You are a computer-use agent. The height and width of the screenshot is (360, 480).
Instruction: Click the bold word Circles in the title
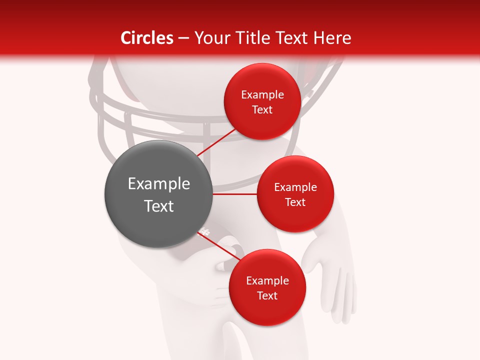(x=147, y=38)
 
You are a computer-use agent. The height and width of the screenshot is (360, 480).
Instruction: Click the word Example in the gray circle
(x=159, y=184)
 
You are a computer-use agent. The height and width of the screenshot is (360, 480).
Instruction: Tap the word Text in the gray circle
(x=159, y=206)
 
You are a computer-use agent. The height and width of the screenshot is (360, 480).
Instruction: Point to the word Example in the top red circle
(x=262, y=95)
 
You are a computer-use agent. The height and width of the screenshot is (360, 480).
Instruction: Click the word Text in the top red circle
(x=262, y=110)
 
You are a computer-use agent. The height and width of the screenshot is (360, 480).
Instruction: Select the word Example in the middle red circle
(x=295, y=187)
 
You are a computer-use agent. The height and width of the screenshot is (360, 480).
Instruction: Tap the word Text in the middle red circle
(x=295, y=202)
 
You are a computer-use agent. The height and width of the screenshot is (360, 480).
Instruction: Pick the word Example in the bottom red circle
(x=267, y=281)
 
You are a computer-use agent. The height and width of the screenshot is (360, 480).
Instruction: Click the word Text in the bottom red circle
(x=267, y=296)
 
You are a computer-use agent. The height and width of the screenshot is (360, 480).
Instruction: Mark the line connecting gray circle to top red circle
(x=216, y=142)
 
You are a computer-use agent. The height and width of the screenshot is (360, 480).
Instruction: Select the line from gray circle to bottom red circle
(x=220, y=246)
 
